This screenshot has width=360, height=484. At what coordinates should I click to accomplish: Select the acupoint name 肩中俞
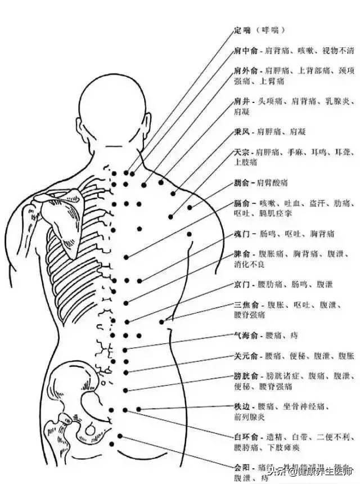[x=245, y=51]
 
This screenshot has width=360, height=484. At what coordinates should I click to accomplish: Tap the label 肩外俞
[x=245, y=71]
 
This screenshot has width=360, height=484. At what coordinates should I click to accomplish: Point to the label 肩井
[x=242, y=102]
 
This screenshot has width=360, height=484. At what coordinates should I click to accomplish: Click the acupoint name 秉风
[x=242, y=132]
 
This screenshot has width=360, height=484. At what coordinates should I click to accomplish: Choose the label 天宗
[x=242, y=152]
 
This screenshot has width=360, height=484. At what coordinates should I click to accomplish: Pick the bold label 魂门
[x=242, y=233]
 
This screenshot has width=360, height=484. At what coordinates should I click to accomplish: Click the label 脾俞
[x=242, y=254]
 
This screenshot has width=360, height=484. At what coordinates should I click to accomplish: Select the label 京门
[x=242, y=285]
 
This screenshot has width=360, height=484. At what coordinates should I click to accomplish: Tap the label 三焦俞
[x=245, y=305]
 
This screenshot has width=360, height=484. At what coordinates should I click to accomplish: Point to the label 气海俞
[x=245, y=335]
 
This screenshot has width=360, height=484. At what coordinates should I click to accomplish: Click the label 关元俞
[x=245, y=356]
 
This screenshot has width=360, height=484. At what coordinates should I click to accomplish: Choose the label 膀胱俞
[x=245, y=376]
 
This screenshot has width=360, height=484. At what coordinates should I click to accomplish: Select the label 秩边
[x=242, y=407]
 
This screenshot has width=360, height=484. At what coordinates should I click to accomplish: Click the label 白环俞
[x=245, y=437]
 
